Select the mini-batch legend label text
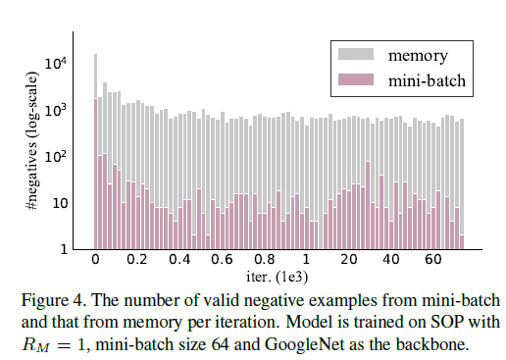click(x=427, y=83)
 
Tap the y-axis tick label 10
click(x=60, y=203)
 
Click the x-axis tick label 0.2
click(x=137, y=262)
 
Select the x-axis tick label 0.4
click(x=179, y=262)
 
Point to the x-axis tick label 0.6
click(x=222, y=262)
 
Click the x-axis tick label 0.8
click(x=264, y=262)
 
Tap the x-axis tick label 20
click(x=349, y=262)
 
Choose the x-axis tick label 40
click(x=391, y=262)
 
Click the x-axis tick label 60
click(x=433, y=262)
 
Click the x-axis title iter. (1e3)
click(x=278, y=278)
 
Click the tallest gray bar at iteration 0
click(x=95, y=78)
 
